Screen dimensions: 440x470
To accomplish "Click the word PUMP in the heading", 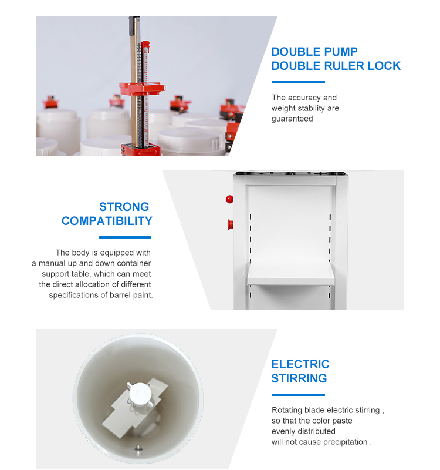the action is pos(341,52).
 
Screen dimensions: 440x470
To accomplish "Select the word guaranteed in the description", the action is pos(292,119).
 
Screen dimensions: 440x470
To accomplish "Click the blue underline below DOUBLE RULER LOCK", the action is pos(299,82).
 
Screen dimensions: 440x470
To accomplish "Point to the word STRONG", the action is pos(124,207).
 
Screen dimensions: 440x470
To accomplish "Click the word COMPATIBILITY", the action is pos(107,221).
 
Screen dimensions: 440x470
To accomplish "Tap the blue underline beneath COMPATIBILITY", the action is pos(125,237).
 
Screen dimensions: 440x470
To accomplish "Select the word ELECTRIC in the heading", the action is pos(300,364).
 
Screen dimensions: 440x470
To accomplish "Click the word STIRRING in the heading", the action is pos(299,378).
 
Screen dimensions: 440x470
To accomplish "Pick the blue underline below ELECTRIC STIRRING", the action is pos(299,395).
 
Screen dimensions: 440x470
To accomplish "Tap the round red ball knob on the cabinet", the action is pos(229,199).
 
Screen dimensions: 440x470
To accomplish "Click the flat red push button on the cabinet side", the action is pos(230,224).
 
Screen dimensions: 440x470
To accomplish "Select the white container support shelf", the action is pos(290,273).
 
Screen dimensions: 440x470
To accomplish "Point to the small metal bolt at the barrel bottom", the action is pos(138,448).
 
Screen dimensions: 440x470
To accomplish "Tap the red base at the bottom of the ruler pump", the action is pos(141,150).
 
